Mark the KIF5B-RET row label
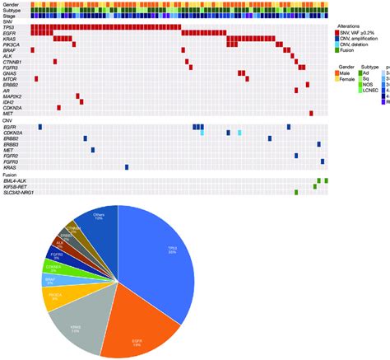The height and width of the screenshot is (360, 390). (x=19, y=186)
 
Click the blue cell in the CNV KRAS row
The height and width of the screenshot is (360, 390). (x=127, y=166)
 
